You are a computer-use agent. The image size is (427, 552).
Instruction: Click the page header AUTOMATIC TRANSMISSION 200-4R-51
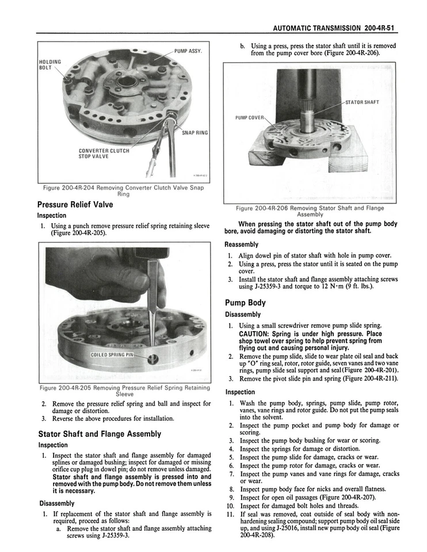pyautogui.click(x=336, y=27)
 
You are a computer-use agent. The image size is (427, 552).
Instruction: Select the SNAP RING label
pyautogui.click(x=195, y=133)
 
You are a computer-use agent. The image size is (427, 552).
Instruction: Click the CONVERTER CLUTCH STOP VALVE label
pyautogui.click(x=104, y=154)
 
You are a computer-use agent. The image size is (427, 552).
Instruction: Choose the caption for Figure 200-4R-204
pyautogui.click(x=123, y=191)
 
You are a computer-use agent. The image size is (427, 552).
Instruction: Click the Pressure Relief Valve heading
pyautogui.click(x=75, y=205)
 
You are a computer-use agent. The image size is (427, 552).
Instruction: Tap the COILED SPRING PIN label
pyautogui.click(x=112, y=355)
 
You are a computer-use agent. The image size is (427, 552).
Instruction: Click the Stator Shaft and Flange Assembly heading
pyautogui.click(x=99, y=434)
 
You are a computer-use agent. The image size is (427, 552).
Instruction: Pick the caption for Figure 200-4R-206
pyautogui.click(x=310, y=211)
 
